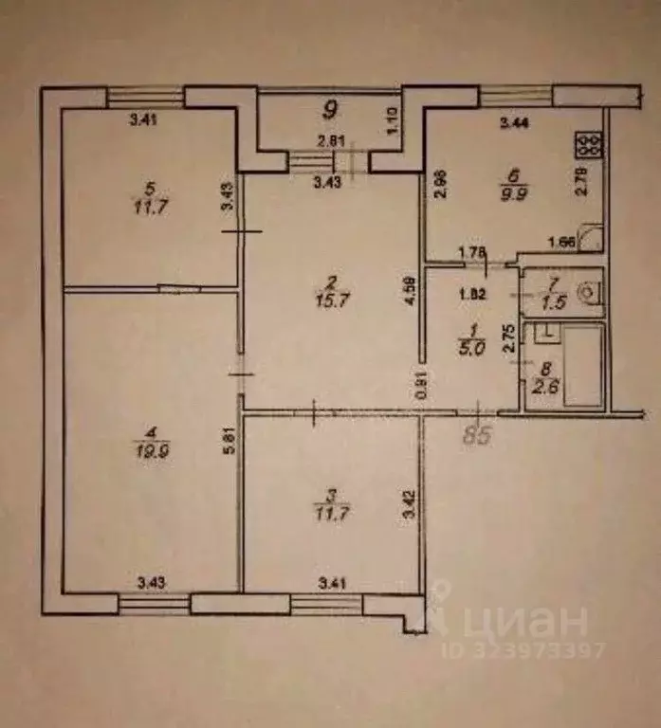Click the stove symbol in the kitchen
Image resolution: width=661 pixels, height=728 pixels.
[x=587, y=145]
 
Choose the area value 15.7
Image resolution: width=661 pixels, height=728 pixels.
[x=328, y=299]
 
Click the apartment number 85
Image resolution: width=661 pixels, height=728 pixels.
[x=480, y=437]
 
